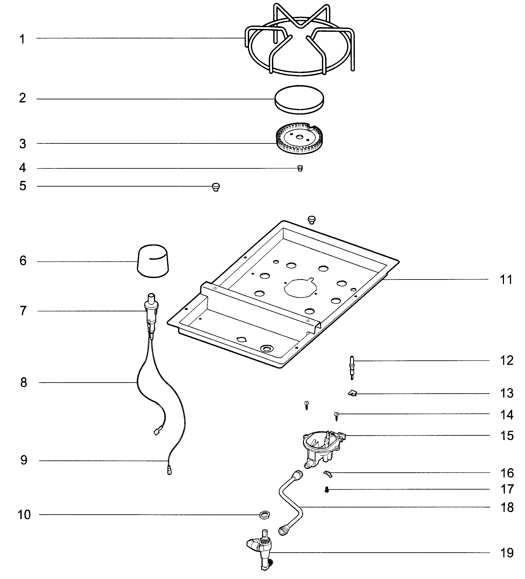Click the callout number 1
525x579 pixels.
tap(22, 39)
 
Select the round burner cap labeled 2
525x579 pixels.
tap(299, 98)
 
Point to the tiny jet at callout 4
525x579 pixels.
tap(300, 168)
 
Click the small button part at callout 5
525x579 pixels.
tap(216, 187)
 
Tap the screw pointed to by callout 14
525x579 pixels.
tap(336, 416)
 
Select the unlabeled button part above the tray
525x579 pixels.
tap(312, 220)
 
